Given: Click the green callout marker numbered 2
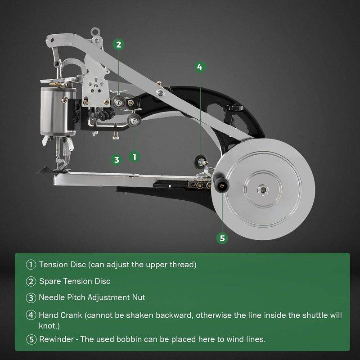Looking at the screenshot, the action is (x=118, y=44).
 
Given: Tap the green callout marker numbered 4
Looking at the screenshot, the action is (x=200, y=67).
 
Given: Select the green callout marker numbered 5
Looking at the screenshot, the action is (x=222, y=238).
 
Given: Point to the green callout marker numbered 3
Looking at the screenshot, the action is (x=117, y=160).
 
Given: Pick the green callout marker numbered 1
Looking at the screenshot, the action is (x=134, y=157).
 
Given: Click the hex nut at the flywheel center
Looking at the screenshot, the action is (x=263, y=189).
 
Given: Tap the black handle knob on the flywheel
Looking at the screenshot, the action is (x=221, y=183).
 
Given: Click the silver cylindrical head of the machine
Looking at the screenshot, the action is (x=58, y=111).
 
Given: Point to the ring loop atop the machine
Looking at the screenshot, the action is (x=95, y=31).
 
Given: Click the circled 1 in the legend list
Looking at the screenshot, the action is (x=31, y=265).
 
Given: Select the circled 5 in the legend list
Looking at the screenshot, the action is (x=31, y=339).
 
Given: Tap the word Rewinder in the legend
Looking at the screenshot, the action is (x=57, y=339).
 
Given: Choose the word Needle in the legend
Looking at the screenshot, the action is (x=52, y=297).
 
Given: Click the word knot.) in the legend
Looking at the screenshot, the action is (x=49, y=326).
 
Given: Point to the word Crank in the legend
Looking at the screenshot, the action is (x=72, y=315).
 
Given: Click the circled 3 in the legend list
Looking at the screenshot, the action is (x=31, y=298).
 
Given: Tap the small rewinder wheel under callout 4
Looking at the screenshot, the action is (x=199, y=161).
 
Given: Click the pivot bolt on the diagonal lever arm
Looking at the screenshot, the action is (x=160, y=93).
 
